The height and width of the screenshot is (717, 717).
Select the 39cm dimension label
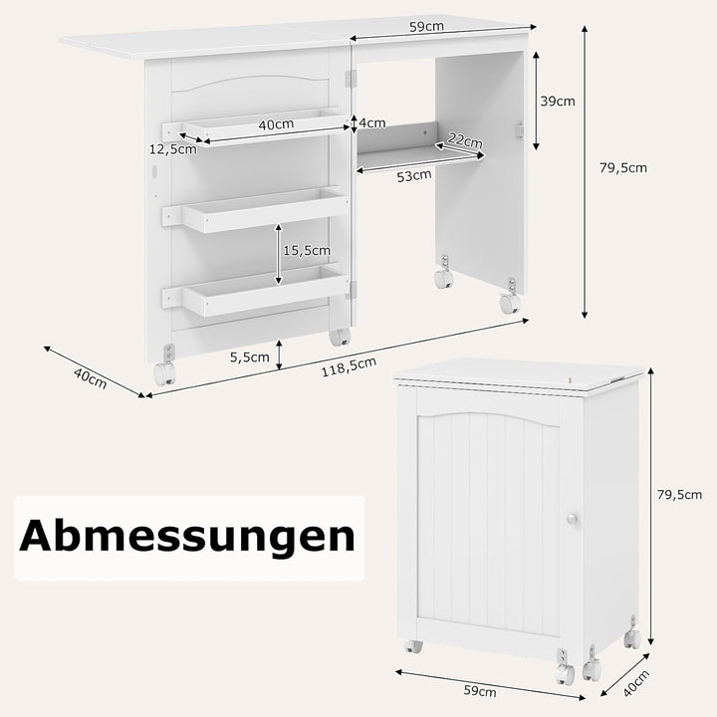557,101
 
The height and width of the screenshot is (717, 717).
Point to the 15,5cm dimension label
305,251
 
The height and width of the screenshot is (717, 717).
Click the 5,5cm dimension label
248,357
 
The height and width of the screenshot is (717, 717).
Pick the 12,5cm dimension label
172,149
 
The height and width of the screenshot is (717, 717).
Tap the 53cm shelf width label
413,177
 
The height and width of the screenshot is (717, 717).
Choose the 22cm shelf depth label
465,138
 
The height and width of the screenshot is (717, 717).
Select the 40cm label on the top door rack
275,124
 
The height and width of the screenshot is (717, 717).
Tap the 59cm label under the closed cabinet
481,690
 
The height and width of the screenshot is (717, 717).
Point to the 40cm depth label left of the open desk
91,378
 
